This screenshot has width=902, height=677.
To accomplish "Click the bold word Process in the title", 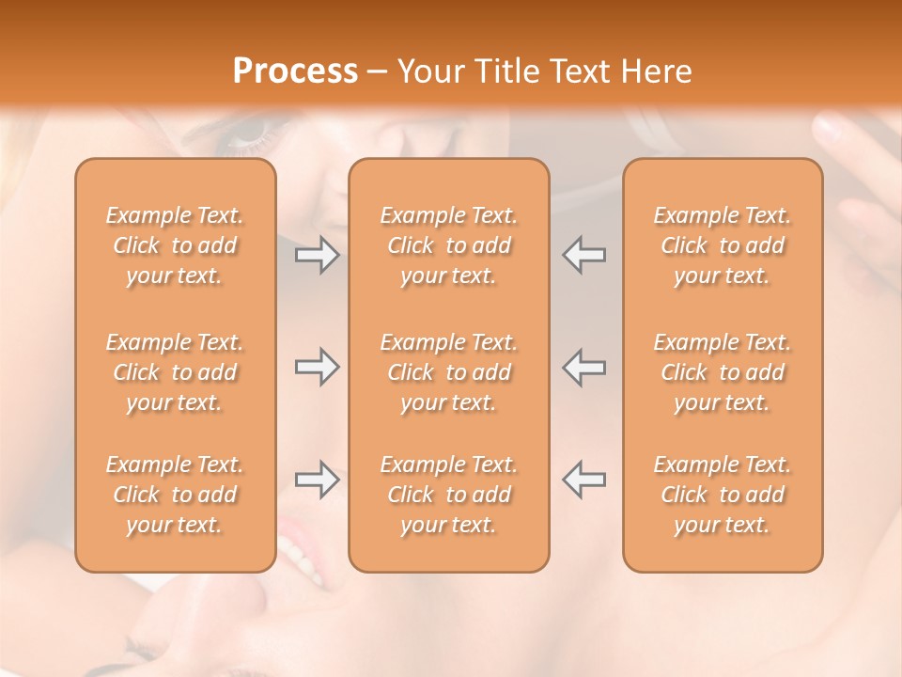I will coord(295,71).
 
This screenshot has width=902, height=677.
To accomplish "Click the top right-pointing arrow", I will coord(318,255).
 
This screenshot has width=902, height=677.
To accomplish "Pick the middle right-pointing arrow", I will coord(318,367).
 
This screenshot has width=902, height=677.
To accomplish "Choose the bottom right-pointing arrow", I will coord(318,480).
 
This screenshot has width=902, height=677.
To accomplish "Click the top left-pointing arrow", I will coord(583,255).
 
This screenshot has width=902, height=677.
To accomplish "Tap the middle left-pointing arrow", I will coord(583,367).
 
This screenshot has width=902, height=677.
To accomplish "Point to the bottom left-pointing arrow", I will coord(583,480).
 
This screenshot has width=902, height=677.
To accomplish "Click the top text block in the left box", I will coord(175,245).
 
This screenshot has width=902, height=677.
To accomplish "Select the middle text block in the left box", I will coord(175,372).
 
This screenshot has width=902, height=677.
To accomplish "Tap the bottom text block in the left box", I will coord(175,495).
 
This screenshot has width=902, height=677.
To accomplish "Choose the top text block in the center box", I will coord(448,245).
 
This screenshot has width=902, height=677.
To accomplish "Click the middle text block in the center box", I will coord(448,372).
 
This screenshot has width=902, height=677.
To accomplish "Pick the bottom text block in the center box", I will coord(448,495).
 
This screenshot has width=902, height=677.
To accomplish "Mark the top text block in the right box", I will coord(722,245).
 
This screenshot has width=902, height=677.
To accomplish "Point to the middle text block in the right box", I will coord(722,372).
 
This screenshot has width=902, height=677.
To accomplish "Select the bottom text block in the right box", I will coord(722,495).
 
